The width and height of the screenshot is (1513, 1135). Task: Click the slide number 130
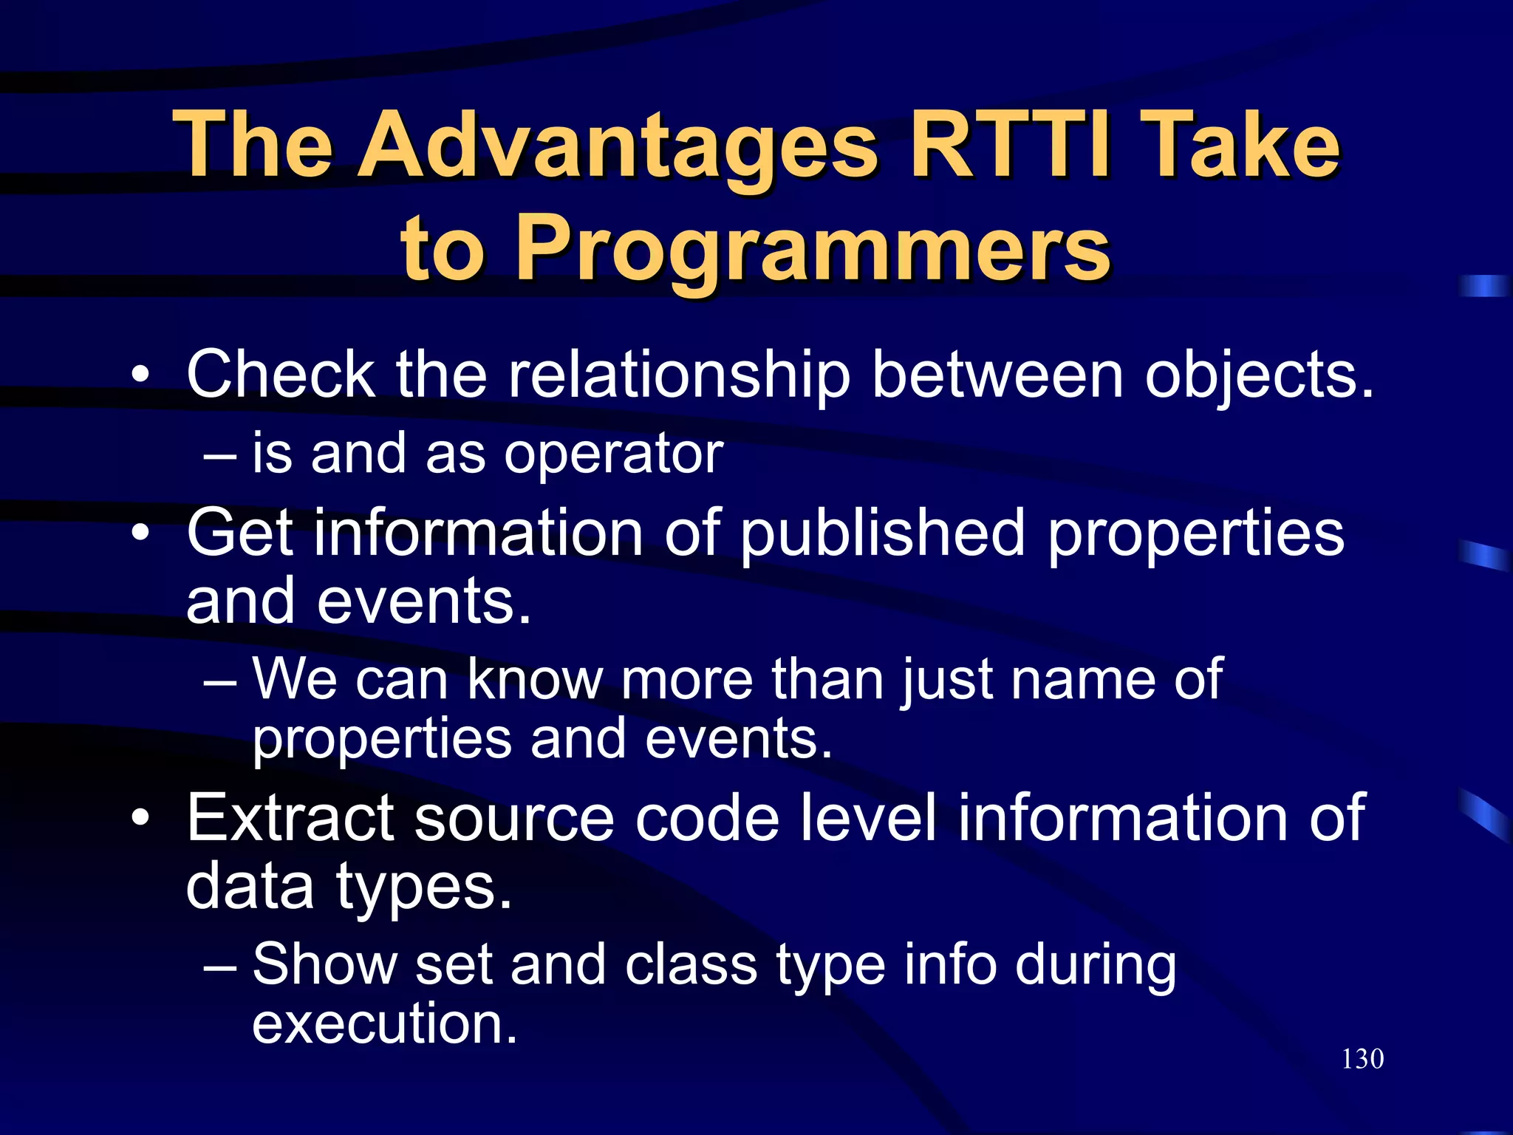1362,1059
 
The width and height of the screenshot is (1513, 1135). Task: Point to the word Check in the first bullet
281,375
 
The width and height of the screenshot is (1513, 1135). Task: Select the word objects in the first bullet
1258,375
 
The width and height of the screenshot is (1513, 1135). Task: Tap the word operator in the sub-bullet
613,454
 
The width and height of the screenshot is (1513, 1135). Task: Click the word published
883,534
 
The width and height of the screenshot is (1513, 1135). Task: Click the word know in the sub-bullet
535,678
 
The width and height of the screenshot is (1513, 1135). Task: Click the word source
514,818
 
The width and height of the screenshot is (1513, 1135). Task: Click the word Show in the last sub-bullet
324,964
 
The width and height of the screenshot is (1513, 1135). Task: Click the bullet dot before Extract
140,818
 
